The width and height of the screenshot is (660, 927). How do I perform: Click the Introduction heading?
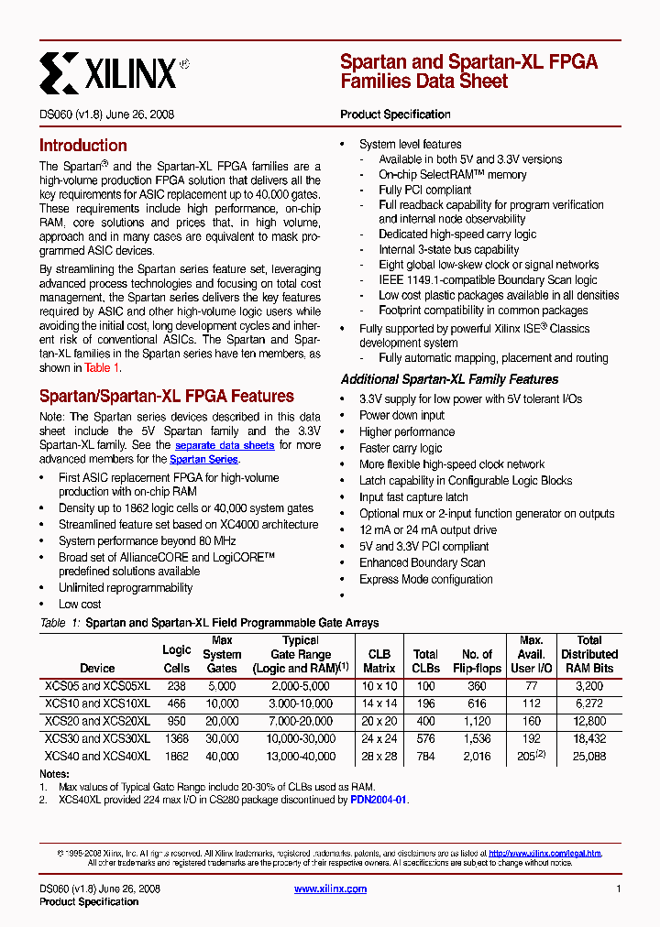point(82,146)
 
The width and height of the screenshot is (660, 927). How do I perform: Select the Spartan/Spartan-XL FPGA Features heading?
point(166,397)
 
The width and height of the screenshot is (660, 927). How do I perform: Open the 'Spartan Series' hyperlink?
point(203,460)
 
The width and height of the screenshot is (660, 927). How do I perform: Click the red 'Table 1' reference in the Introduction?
point(102,368)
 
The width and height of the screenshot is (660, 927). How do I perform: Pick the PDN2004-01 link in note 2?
point(378,800)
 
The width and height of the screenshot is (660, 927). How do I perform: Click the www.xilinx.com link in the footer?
point(331,889)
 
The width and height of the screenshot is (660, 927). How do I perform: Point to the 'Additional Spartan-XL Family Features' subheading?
point(449,379)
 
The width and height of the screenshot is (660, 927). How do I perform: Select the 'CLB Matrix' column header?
point(379,661)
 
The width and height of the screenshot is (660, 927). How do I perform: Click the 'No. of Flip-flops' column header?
point(477,661)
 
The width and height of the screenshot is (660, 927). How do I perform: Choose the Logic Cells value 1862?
point(176,757)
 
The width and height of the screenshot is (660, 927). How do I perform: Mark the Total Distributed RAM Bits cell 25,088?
point(589,757)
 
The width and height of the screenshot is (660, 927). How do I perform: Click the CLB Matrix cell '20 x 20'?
point(379,721)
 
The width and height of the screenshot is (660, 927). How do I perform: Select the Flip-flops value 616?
point(477,703)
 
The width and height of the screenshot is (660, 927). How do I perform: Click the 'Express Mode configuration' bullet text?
point(425,579)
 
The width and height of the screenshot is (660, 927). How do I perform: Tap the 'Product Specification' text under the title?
point(395,115)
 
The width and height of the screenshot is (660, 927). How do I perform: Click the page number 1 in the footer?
point(619,889)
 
